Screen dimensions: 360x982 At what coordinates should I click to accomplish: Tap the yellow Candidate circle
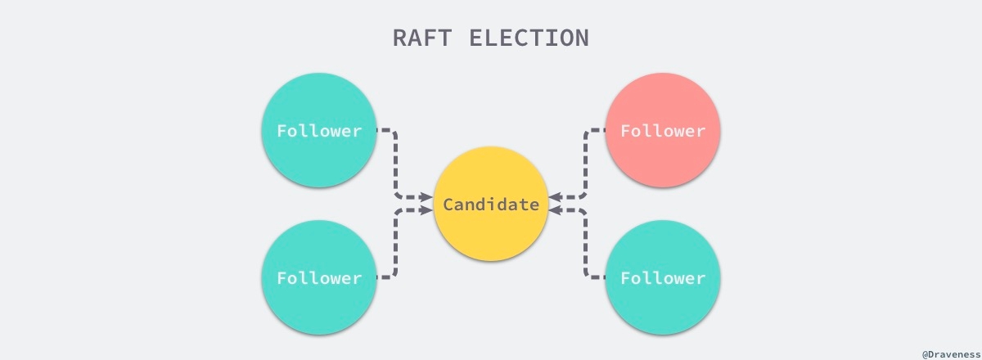tap(490, 176)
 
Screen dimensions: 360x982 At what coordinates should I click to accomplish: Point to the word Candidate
tap(491, 205)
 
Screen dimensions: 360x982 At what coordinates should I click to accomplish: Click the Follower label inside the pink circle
tap(663, 131)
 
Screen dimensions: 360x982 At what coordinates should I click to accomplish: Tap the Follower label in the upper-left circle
tap(319, 131)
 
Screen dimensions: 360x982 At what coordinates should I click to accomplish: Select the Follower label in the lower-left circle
tap(319, 278)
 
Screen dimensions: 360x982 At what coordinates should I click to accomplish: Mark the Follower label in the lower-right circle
tap(663, 278)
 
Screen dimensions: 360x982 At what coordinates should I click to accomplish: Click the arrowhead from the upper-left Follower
tap(426, 197)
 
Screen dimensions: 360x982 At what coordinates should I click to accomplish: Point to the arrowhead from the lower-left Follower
tap(426, 210)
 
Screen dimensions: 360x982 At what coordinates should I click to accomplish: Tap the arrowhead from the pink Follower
tap(555, 197)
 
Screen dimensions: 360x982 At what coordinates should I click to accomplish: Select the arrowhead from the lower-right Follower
tap(555, 210)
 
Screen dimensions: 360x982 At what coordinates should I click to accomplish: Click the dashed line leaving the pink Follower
tap(586, 164)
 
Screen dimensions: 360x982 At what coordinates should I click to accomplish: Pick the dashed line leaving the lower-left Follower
tap(395, 245)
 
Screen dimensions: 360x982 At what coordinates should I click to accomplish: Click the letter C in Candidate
tap(448, 205)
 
